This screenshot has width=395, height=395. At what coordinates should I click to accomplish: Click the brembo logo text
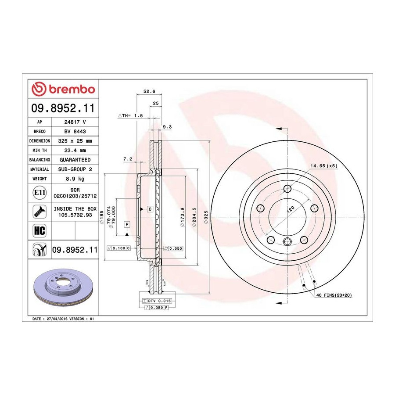[72, 90]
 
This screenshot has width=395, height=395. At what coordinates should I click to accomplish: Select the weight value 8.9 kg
[75, 179]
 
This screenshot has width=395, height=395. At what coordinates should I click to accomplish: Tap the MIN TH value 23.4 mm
[75, 151]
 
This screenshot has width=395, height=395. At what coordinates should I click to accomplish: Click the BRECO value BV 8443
[75, 132]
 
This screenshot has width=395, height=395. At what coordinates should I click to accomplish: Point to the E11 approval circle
[39, 193]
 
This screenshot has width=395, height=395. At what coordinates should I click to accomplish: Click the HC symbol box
[39, 230]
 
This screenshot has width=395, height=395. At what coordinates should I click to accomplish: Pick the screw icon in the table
[39, 212]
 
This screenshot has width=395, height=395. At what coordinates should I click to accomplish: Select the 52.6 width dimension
[149, 91]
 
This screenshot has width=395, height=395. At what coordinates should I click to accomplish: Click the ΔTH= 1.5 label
[130, 115]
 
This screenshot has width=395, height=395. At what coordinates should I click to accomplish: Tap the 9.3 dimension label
[167, 127]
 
